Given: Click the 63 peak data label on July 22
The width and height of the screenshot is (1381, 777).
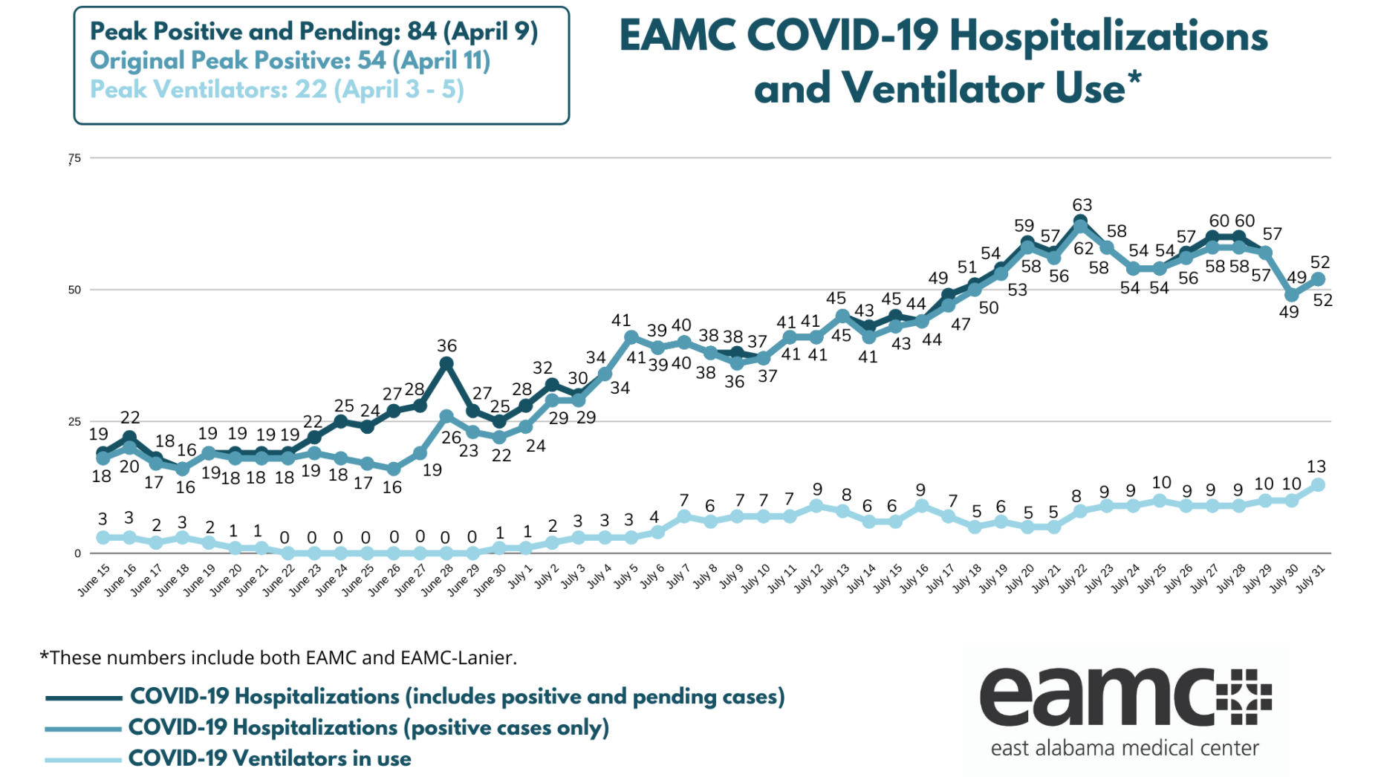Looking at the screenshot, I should click(1082, 205).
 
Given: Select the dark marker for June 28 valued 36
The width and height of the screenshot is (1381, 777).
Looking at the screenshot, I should click(446, 363).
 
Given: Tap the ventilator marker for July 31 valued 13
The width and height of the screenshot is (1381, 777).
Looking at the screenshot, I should click(1319, 485).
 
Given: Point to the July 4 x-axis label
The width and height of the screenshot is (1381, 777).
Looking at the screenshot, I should click(599, 578).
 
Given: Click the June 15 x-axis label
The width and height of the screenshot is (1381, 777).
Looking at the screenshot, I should click(94, 581).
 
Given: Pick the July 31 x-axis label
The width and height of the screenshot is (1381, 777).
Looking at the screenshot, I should click(1310, 579).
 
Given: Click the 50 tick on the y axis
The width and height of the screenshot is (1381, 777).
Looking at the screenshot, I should click(74, 290).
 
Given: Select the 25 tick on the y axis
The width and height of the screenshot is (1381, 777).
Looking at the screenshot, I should click(74, 422).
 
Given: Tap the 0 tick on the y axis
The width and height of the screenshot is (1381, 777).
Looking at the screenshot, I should click(77, 553).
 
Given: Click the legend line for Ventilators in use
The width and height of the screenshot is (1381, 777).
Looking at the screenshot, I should click(83, 760).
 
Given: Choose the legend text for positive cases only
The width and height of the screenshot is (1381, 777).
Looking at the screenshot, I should click(368, 728).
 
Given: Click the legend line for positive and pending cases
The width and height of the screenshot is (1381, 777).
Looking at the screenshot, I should click(83, 698).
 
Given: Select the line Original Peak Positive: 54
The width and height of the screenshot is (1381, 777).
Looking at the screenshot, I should click(290, 61).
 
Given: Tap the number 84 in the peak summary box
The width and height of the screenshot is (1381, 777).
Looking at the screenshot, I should click(422, 32).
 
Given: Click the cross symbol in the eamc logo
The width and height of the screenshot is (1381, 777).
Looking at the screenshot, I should click(1244, 697).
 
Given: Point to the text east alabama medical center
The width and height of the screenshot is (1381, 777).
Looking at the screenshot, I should click(1125, 748).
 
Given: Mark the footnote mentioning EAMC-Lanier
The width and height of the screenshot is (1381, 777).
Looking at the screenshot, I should click(278, 658).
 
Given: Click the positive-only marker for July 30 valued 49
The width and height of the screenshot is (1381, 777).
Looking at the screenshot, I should click(1292, 295).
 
